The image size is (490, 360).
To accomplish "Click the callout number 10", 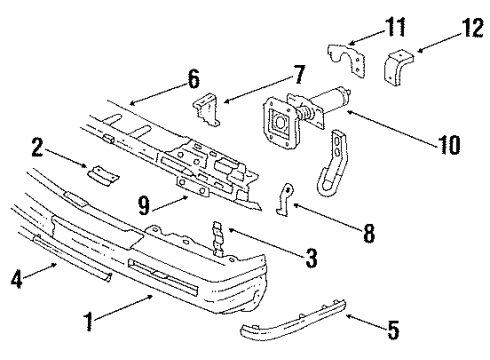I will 449,146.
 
